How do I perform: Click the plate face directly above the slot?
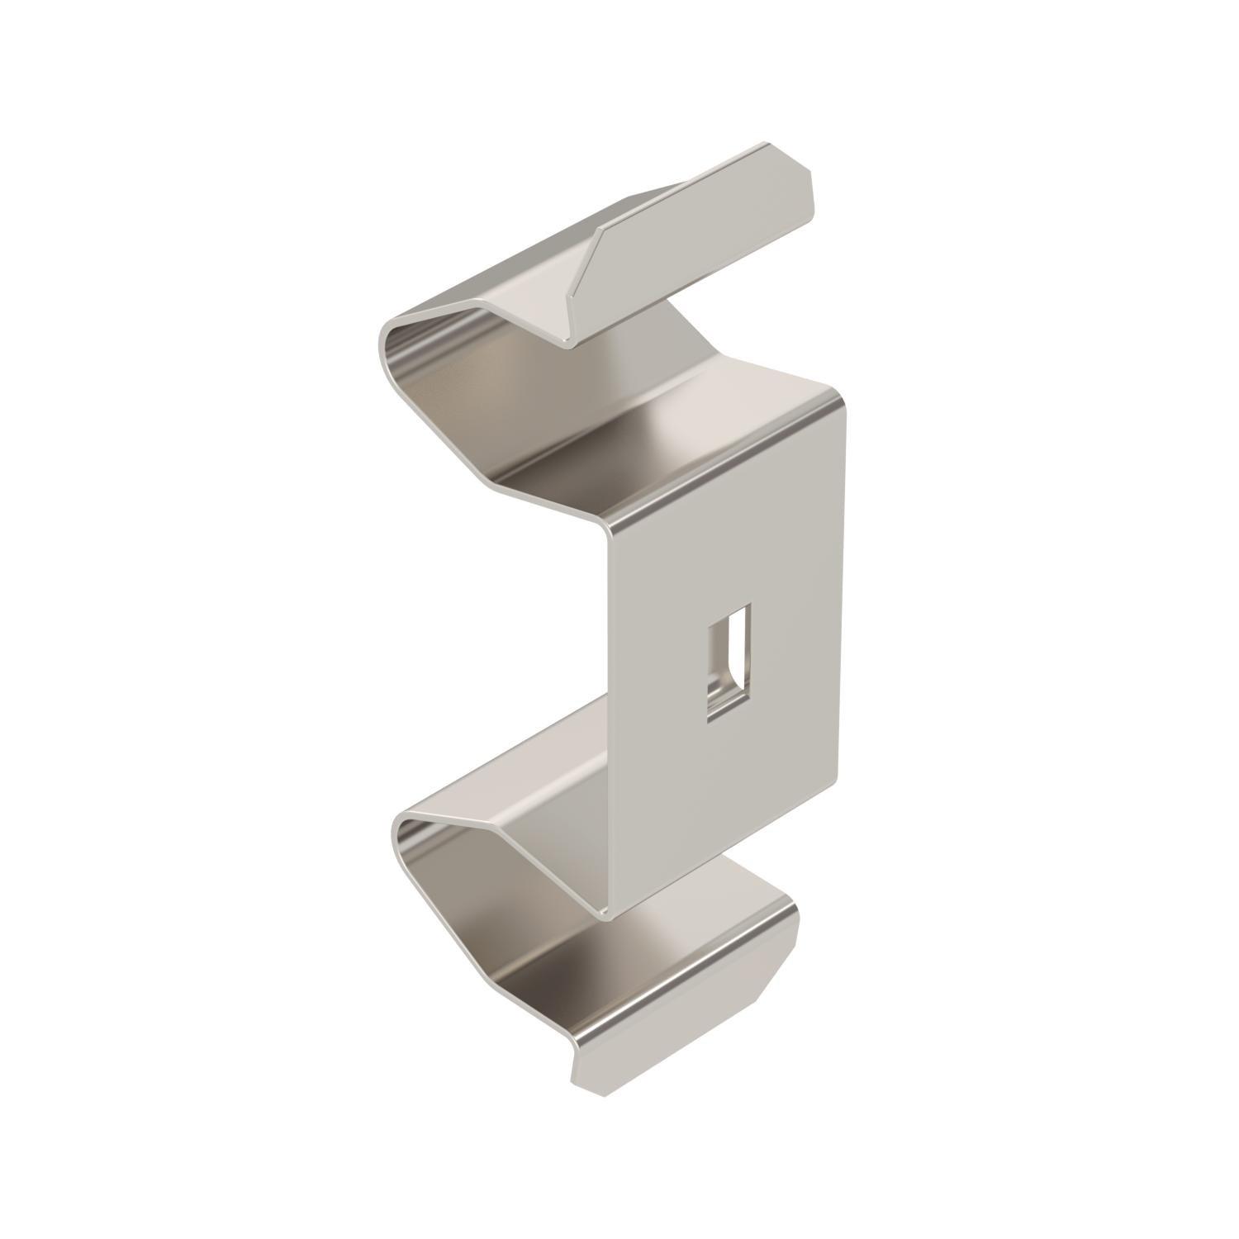pos(727,537)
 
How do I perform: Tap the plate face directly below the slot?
pos(727,785)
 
